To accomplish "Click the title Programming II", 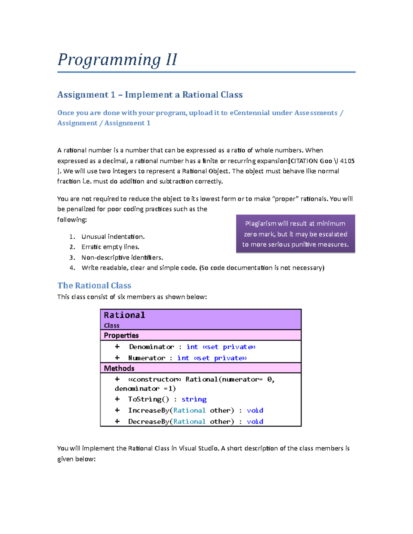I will coord(117,60).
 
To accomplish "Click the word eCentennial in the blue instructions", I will coord(250,113).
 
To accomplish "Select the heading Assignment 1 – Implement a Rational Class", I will coord(150,95).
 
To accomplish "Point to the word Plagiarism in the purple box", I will coord(261,224).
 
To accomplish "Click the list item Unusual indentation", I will coord(113,237).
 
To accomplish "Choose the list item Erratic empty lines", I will coord(110,247).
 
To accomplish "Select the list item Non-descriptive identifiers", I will coord(122,258).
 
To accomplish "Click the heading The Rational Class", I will coord(94,285).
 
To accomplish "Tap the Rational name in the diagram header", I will coord(124,315).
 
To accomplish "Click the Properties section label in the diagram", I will coord(121,335).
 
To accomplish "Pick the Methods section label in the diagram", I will coord(119,368).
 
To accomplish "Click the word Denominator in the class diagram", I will coord(151,347).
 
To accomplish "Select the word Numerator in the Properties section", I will coord(147,358).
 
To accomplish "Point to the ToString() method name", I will coord(148,399).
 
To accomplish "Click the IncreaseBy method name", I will coord(149,410).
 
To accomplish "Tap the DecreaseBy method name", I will coord(149,422).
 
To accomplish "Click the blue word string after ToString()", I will coord(194,399).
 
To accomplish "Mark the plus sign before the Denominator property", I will coord(117,347).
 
